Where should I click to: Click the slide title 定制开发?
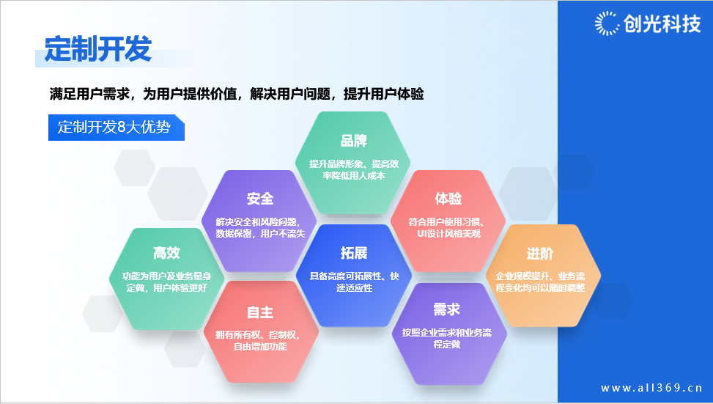point(97,48)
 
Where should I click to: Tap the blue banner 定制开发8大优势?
point(117,128)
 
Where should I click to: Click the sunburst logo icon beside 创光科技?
point(607,23)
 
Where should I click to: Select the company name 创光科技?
point(662,23)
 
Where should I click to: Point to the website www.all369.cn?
point(651,388)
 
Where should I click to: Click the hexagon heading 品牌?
point(354,141)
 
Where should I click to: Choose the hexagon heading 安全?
point(260,199)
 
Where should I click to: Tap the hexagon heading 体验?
point(448,199)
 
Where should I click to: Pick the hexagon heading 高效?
point(166,253)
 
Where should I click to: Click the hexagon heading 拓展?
point(354,253)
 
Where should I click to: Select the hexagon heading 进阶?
point(540,254)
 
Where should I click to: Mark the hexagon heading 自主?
point(260,312)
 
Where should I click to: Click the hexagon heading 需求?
point(447,310)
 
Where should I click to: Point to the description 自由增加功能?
point(260,347)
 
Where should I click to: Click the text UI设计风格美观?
point(448,233)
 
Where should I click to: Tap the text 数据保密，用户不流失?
point(260,233)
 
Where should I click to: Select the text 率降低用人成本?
point(354,176)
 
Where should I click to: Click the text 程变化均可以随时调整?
point(540,288)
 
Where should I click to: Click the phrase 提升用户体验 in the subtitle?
point(384,94)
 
